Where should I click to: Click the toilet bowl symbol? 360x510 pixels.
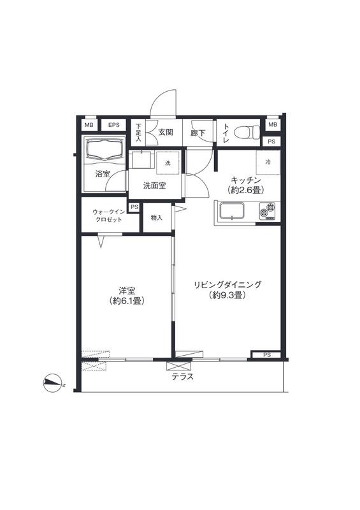(x=247, y=132)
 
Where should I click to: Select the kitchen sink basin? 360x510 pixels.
(x=231, y=211)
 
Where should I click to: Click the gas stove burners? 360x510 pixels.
(x=268, y=212)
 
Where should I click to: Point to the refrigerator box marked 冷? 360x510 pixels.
(x=268, y=163)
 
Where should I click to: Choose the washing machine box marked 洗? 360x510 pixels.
(x=168, y=163)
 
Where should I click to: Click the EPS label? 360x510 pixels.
(x=114, y=125)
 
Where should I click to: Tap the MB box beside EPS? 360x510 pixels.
(x=89, y=125)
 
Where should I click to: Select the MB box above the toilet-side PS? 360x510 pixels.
(x=273, y=124)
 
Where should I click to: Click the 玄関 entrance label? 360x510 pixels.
(x=166, y=133)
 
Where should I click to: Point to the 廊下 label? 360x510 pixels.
(x=198, y=133)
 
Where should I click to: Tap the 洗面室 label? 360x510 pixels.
(x=154, y=186)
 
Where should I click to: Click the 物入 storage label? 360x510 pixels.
(x=156, y=218)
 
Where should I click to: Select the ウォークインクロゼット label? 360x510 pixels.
(x=108, y=215)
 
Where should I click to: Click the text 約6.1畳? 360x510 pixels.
(x=127, y=301)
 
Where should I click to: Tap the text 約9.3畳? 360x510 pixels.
(x=227, y=295)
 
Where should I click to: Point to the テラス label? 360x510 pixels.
(x=183, y=377)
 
